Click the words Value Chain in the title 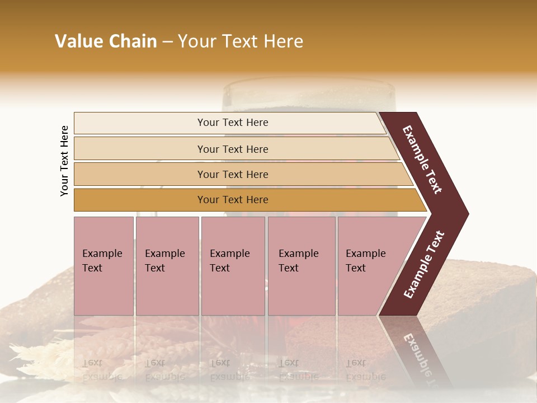106,41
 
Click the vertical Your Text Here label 64,161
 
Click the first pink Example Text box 103,266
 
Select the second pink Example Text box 167,266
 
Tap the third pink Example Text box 233,266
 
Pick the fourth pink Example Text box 302,266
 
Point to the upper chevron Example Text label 423,160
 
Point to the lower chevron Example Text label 425,264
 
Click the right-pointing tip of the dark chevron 465,214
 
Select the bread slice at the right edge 492,302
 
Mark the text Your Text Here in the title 241,41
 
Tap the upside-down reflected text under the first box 102,369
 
